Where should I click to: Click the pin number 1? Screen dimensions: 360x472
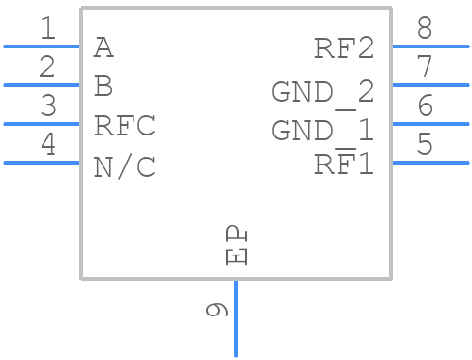(47, 30)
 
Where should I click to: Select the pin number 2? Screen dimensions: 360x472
(47, 69)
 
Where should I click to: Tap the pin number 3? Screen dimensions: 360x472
(47, 107)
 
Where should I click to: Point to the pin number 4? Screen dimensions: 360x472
(47, 146)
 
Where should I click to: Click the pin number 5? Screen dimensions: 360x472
(425, 146)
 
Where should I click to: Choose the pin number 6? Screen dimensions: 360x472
(425, 107)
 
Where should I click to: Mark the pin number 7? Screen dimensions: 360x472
(425, 69)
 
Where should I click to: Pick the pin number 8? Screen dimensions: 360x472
(425, 30)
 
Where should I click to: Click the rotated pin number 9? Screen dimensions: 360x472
(218, 310)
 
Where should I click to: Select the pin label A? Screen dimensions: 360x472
(103, 46)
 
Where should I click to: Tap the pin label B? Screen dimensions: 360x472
(103, 86)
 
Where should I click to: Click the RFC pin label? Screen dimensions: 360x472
(124, 126)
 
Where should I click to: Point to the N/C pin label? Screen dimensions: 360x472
(124, 166)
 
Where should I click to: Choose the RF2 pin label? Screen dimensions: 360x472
(343, 48)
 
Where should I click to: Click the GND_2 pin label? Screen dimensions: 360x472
(322, 92)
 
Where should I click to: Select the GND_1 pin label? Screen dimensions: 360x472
(322, 130)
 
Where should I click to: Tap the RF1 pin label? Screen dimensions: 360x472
(343, 165)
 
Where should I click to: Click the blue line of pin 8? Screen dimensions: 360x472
(430, 45)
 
